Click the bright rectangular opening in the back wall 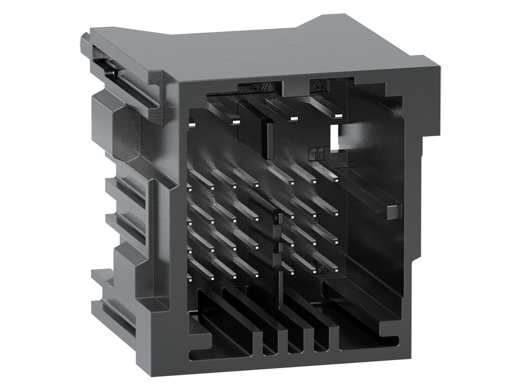[x=334, y=137]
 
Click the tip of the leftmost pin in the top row [x=192, y=123]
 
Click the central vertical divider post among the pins [x=278, y=240]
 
